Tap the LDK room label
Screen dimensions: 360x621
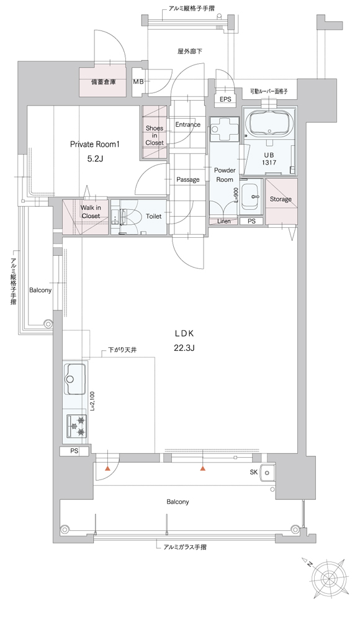click(x=184, y=333)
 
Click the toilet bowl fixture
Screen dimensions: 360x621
click(x=127, y=217)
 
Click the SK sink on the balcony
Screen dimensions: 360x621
click(x=268, y=473)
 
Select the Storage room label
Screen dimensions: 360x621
click(x=281, y=199)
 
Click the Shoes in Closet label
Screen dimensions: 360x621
click(x=155, y=135)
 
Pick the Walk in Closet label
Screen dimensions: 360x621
click(x=90, y=212)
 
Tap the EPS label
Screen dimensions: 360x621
click(x=225, y=99)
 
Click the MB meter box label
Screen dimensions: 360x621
click(x=138, y=82)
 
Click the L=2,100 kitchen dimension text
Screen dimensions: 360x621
click(x=92, y=401)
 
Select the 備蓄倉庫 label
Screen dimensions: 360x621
click(x=104, y=83)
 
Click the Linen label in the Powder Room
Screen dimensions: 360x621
click(x=224, y=222)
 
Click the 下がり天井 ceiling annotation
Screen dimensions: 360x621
click(x=122, y=350)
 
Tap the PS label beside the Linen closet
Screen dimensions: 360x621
click(x=251, y=222)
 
